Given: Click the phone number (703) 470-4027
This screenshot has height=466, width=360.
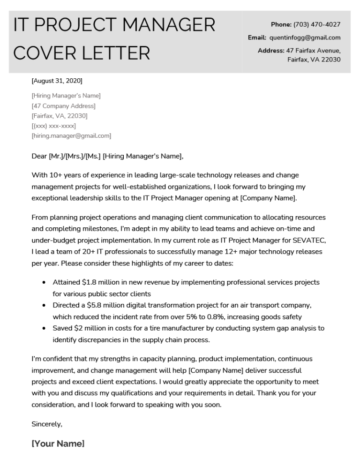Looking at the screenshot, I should (317, 24).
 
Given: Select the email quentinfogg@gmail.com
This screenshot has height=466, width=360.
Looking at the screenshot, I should (305, 38).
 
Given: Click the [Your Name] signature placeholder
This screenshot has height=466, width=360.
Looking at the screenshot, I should (58, 443).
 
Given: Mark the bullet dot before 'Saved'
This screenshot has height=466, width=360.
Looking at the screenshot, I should (44, 328).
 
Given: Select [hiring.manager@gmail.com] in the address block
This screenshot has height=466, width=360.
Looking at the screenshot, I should (71, 136).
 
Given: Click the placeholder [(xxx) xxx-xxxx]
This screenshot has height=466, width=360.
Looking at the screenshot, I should (53, 126).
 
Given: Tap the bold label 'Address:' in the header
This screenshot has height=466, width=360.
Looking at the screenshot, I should (271, 50).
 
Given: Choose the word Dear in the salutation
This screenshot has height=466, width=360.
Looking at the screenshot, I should (39, 156).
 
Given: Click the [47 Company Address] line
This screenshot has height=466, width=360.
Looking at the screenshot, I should (63, 106).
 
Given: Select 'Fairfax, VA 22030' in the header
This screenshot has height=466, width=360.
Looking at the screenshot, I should (314, 60).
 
